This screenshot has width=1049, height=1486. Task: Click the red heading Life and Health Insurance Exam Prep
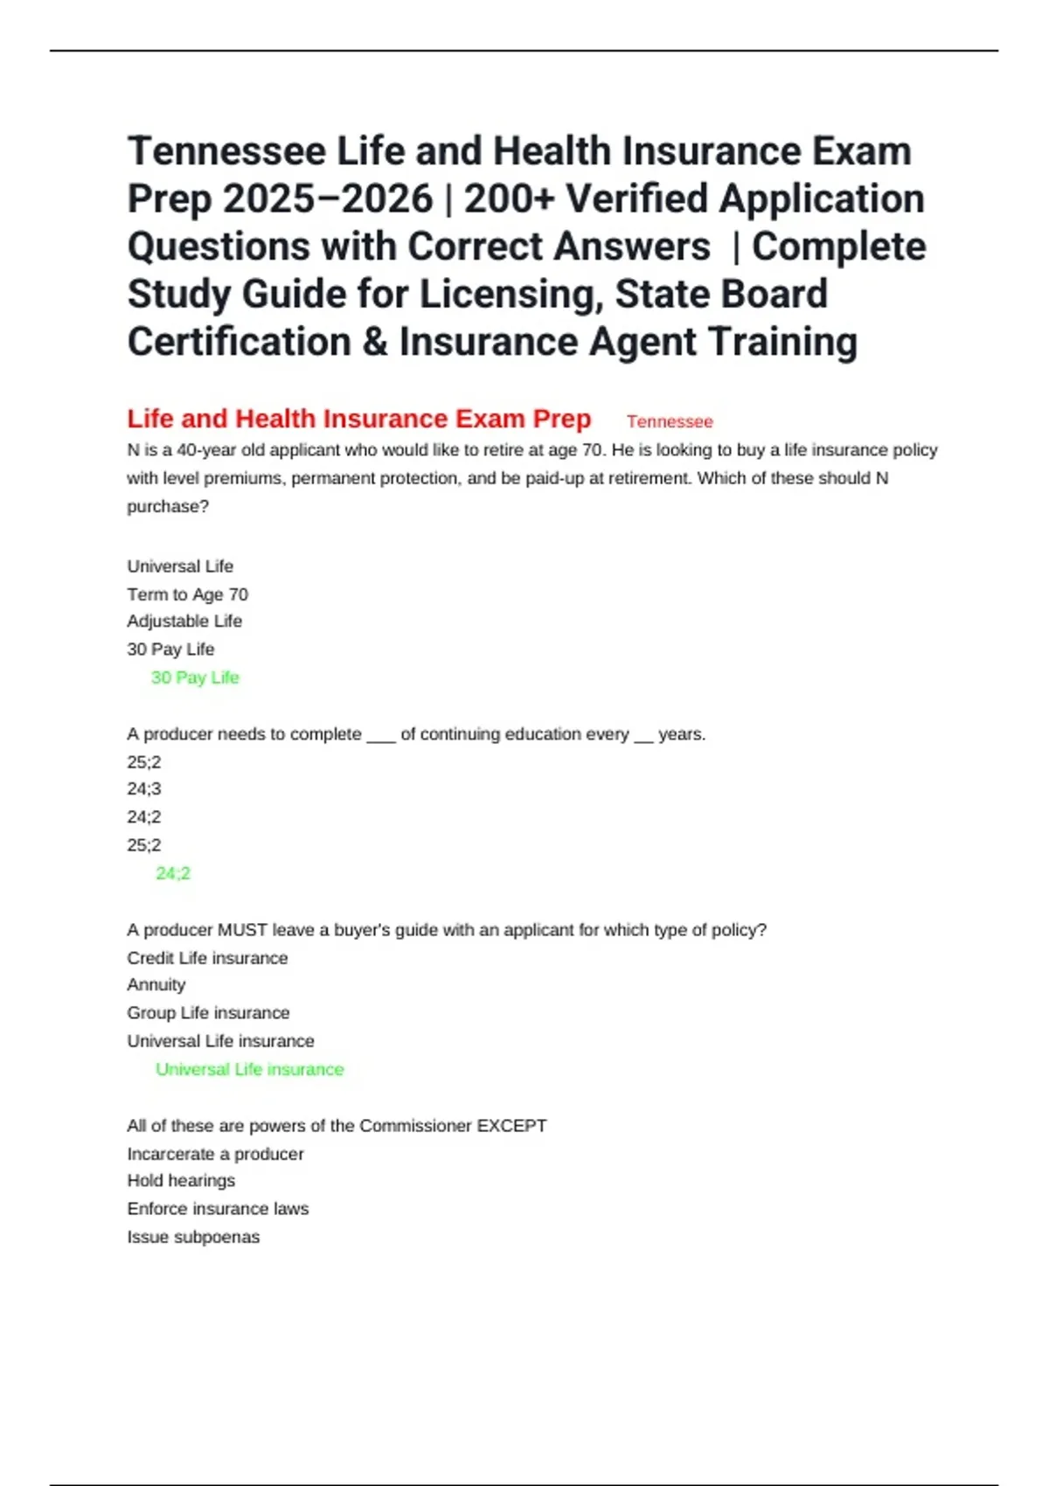(358, 419)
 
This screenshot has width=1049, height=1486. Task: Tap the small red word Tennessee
(670, 421)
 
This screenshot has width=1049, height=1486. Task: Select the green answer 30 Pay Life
(195, 677)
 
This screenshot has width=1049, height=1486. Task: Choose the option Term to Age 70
(187, 594)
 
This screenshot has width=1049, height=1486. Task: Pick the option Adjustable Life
(184, 621)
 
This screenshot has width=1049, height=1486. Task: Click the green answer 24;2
(173, 873)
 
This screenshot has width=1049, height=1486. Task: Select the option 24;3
(144, 788)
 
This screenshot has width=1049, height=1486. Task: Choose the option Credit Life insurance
(207, 958)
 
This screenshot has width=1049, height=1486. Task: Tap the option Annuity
(156, 985)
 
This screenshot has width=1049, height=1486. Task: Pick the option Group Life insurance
(208, 1013)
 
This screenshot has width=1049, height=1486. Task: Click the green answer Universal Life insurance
(250, 1069)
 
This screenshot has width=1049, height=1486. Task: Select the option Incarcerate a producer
(215, 1154)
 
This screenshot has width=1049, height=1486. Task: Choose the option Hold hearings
(181, 1181)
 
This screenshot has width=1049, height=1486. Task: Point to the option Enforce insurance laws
(218, 1209)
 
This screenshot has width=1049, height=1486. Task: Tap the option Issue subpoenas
(193, 1237)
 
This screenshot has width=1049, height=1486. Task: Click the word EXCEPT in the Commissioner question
(511, 1126)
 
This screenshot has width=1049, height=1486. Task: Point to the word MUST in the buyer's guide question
(242, 930)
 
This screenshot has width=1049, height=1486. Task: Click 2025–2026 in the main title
(328, 199)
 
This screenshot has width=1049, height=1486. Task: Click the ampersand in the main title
(375, 342)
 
